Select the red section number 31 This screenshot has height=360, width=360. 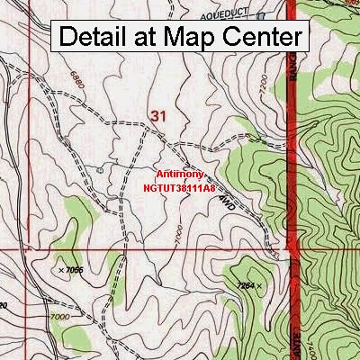coord(159,115)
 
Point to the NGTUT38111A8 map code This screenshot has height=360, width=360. coord(179,189)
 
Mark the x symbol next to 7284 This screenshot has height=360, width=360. coord(260,286)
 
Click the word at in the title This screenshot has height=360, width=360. coord(150,38)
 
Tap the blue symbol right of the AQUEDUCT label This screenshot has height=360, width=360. coord(261,16)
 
